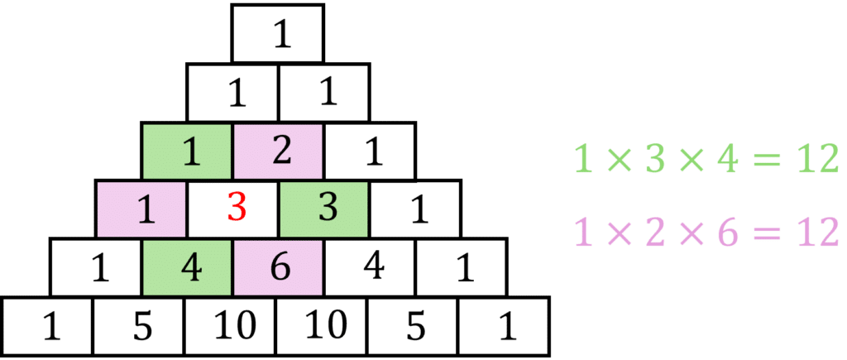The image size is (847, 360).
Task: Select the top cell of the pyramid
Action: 277,34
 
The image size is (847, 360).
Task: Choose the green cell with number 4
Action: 189,268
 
